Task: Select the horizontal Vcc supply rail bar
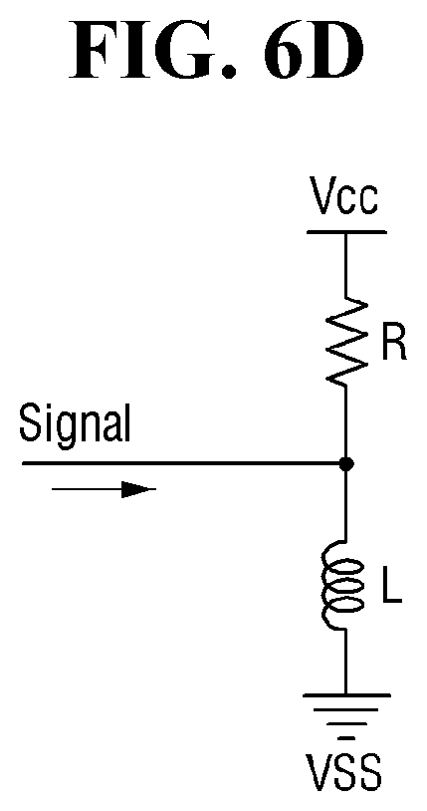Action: point(346,232)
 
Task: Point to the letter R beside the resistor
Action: point(394,344)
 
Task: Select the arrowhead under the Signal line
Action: point(138,489)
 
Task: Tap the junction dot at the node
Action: point(346,464)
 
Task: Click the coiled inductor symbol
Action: point(341,585)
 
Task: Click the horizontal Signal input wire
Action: point(184,464)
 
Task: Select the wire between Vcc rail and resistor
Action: point(346,266)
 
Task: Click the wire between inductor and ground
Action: point(345,662)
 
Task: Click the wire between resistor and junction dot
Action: point(345,422)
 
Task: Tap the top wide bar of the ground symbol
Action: point(346,696)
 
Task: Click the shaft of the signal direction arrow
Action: point(87,489)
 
